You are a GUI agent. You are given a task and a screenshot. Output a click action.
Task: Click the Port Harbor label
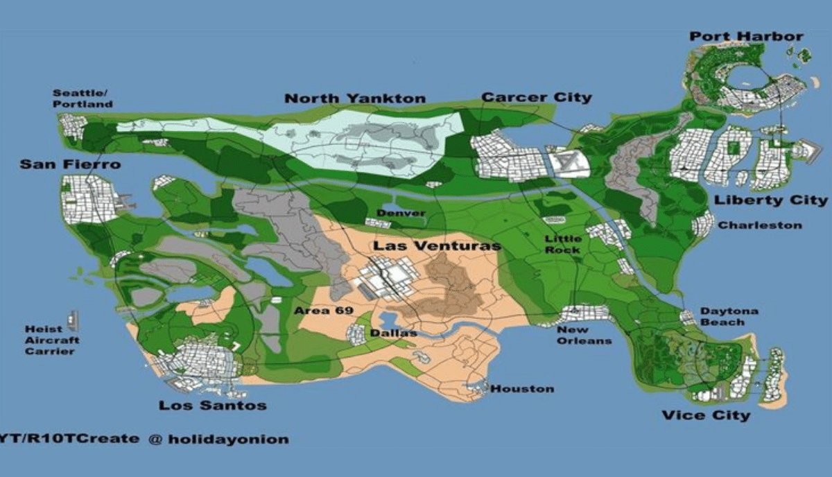coord(747,37)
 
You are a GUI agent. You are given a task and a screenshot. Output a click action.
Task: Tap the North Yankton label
coord(355,98)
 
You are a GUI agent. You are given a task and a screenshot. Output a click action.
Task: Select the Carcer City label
coord(537,97)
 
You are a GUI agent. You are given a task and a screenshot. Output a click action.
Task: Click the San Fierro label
coord(69,165)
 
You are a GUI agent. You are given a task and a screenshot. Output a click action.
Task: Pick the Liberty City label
coord(770,201)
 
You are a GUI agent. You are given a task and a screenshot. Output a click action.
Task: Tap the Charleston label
coord(759,225)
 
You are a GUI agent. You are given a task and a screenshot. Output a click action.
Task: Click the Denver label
coord(401,213)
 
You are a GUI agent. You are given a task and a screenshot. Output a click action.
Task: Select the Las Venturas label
coord(437,246)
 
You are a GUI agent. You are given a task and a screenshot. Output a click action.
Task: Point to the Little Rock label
coord(562,244)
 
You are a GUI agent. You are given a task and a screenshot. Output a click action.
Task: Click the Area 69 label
coord(324,311)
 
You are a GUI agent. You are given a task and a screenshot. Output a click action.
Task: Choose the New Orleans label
coord(584,336)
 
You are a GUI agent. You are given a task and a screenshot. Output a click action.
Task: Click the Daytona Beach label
coord(728,317)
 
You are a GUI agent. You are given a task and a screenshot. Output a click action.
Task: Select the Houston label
coord(522,389)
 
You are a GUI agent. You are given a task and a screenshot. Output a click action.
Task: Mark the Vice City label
coord(705,415)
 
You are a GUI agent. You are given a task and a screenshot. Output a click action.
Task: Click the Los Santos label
coord(212,405)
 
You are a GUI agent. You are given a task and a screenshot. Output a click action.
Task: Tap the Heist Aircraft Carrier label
coord(52,340)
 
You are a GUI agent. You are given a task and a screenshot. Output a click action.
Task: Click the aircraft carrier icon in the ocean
coord(73,320)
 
